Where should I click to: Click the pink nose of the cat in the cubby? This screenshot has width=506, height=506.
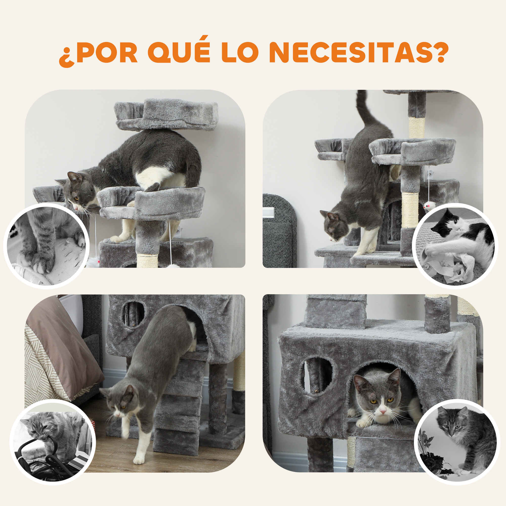(x=383, y=412)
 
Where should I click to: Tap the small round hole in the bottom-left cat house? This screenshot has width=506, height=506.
(x=133, y=314)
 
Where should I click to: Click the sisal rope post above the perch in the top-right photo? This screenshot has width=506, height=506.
(x=417, y=128)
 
